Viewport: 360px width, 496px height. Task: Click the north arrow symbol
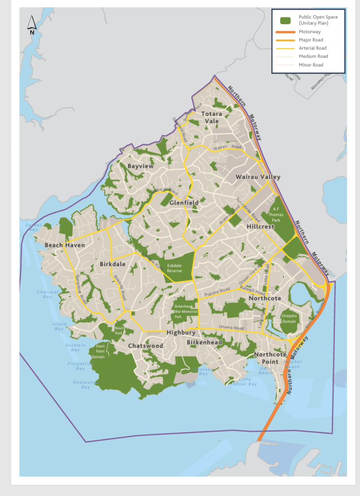[x=32, y=25]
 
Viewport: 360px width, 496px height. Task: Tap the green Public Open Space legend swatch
[x=286, y=20]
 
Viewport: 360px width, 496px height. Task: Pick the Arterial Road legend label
[x=312, y=48]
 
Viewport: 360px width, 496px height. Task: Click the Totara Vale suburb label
[x=212, y=117]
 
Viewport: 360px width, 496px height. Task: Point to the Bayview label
[x=141, y=166]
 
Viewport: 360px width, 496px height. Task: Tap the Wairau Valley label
[x=258, y=177]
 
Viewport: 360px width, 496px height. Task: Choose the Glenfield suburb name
[x=184, y=203]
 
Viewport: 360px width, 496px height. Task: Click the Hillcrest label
[x=261, y=226]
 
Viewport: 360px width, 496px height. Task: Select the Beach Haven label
[x=65, y=245]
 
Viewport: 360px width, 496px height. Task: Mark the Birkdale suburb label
[x=113, y=264]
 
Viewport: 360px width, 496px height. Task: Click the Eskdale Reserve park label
[x=174, y=268]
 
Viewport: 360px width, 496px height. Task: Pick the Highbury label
[x=181, y=333]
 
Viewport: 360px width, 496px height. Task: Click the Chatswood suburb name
[x=146, y=346]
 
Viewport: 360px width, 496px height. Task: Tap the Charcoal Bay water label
[x=48, y=294]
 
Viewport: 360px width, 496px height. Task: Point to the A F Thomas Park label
[x=275, y=214]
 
